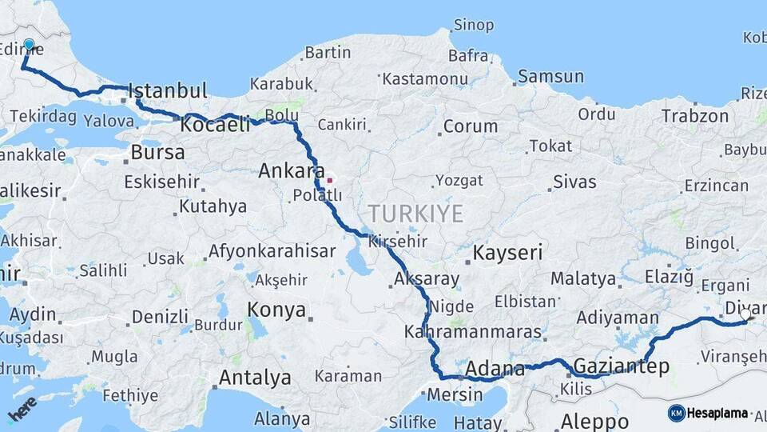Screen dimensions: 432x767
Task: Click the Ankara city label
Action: pos(292,170)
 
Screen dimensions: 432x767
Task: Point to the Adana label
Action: pos(495,369)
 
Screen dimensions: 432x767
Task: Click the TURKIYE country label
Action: pos(415,214)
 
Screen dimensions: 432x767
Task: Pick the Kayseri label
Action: pos(507,253)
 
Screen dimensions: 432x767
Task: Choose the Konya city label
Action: pos(276,310)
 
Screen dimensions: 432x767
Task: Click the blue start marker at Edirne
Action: pos(30,46)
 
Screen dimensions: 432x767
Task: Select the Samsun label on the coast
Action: pos(550,77)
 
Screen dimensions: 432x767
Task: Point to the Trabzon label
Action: pos(694,115)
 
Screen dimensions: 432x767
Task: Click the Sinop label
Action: pos(473,25)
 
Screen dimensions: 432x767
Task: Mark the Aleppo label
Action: pos(594,421)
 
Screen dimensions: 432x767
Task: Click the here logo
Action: pos(22,408)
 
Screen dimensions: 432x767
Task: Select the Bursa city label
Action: pos(157,152)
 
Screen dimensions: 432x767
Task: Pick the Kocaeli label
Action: pos(215,125)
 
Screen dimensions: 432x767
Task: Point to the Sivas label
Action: pos(574,182)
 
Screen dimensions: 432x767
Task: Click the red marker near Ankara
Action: pos(329,180)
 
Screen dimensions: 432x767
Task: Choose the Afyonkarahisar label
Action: pos(272,251)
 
